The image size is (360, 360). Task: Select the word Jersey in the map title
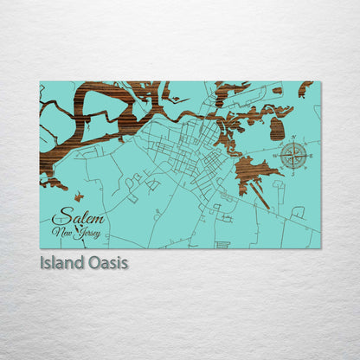88,233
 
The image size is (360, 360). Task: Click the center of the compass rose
293,157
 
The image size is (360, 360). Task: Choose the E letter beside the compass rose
311,157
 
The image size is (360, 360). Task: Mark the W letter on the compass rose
276,157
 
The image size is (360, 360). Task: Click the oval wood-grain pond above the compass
277,129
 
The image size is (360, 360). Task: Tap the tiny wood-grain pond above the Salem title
79,197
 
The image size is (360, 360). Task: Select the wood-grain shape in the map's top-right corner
305,87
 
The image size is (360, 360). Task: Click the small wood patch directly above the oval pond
277,90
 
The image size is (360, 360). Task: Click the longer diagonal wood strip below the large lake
260,196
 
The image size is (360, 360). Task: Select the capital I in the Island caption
42,261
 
